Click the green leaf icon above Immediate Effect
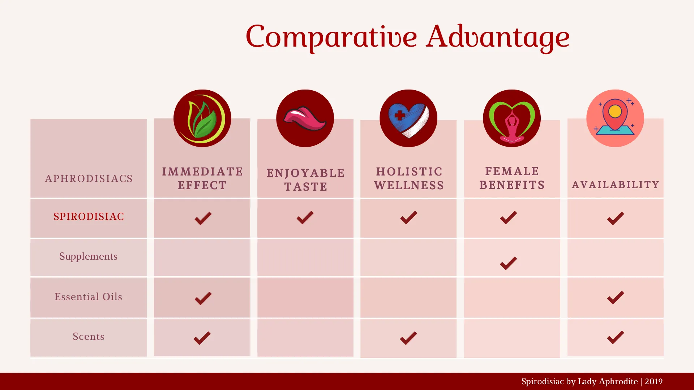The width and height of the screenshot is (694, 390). (x=202, y=118)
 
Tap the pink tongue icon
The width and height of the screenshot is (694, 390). (x=305, y=118)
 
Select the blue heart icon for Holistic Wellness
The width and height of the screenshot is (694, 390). (x=408, y=118)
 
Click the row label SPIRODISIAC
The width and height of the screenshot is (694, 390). (x=89, y=216)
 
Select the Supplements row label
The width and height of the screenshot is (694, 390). (x=89, y=256)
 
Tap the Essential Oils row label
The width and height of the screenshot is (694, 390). (x=89, y=296)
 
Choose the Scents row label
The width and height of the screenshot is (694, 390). (x=89, y=336)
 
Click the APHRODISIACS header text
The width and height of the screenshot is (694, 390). (x=89, y=178)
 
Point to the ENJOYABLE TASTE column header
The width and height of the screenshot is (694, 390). (x=306, y=179)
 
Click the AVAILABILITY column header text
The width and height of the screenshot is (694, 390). (x=616, y=185)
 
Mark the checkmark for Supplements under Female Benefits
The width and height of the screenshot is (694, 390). (x=508, y=263)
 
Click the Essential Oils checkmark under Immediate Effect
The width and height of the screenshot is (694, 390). (x=203, y=298)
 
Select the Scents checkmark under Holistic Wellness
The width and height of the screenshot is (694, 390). (x=408, y=338)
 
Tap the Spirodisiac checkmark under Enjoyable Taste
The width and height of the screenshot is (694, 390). (x=305, y=217)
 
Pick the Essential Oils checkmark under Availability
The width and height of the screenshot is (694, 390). (x=616, y=298)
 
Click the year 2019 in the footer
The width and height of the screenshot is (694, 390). (x=654, y=381)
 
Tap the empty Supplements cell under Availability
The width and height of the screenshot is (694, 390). (x=616, y=257)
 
